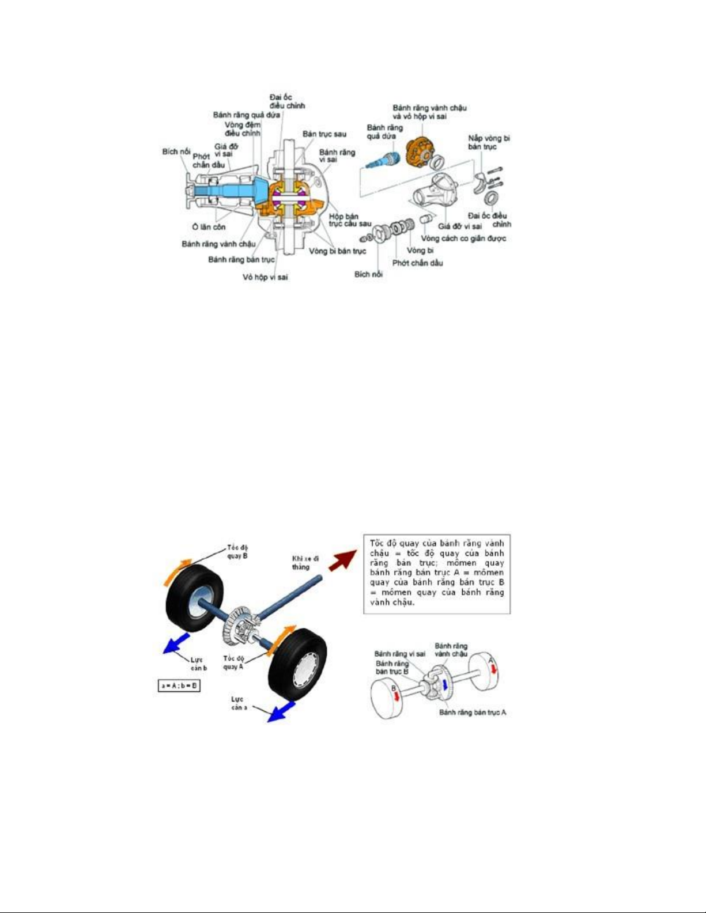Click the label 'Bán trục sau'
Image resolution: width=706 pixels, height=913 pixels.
pyautogui.click(x=324, y=134)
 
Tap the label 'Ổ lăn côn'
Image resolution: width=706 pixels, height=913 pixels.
pyautogui.click(x=209, y=227)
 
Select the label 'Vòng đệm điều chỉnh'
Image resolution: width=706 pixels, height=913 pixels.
pyautogui.click(x=243, y=129)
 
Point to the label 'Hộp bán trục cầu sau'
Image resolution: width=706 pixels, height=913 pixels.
pyautogui.click(x=350, y=220)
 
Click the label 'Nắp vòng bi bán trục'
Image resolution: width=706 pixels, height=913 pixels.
pyautogui.click(x=489, y=142)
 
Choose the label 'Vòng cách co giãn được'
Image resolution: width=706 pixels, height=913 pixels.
pyautogui.click(x=463, y=238)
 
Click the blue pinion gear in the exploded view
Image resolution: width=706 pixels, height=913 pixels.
pyautogui.click(x=382, y=160)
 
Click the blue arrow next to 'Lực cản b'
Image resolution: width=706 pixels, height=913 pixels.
pyautogui.click(x=176, y=643)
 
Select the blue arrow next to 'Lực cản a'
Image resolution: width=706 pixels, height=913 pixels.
pyautogui.click(x=282, y=711)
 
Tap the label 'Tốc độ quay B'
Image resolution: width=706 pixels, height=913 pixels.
pyautogui.click(x=237, y=551)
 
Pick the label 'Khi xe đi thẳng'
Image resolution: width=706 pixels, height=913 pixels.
pyautogui.click(x=305, y=562)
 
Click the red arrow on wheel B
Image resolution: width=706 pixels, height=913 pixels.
pyautogui.click(x=396, y=695)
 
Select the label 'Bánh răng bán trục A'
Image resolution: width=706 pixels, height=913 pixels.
pyautogui.click(x=473, y=713)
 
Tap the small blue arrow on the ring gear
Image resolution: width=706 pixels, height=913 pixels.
pyautogui.click(x=444, y=683)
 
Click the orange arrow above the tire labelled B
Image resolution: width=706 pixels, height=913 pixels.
pyautogui.click(x=176, y=570)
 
